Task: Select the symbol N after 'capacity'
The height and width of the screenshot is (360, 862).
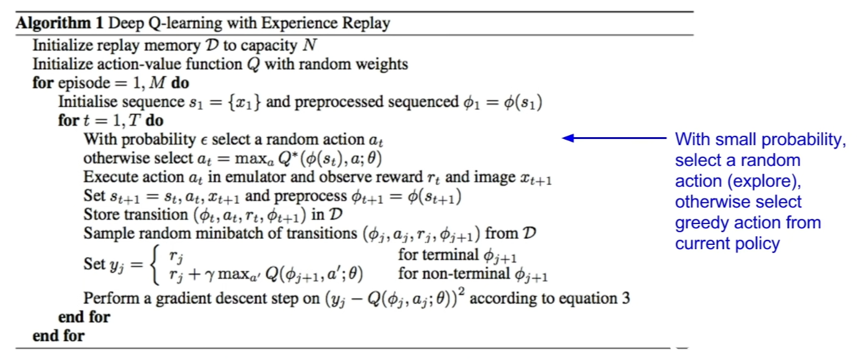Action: click(310, 46)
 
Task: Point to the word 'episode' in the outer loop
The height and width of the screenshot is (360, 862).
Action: click(79, 83)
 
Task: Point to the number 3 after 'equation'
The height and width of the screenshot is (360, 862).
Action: click(625, 299)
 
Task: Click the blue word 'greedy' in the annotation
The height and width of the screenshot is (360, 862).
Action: click(696, 223)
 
